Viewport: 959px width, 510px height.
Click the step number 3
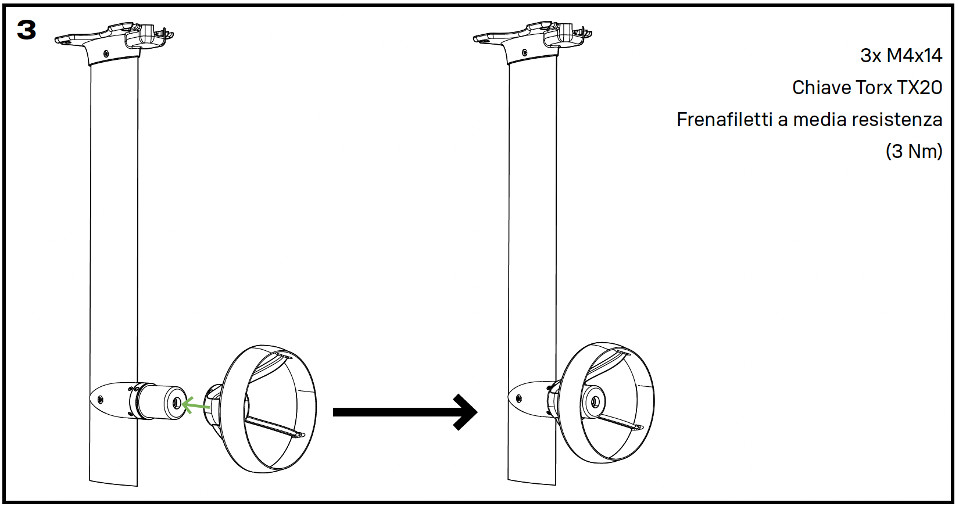click(27, 30)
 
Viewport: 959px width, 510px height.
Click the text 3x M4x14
click(901, 56)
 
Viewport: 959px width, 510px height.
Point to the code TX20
click(919, 88)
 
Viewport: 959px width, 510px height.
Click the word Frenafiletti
click(724, 120)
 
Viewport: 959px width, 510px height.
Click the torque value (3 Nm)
click(914, 152)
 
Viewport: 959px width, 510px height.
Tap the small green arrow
click(195, 405)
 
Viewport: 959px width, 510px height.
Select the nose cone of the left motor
click(108, 398)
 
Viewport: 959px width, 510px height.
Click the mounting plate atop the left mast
click(114, 41)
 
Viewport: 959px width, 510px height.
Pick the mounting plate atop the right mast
click(532, 41)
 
